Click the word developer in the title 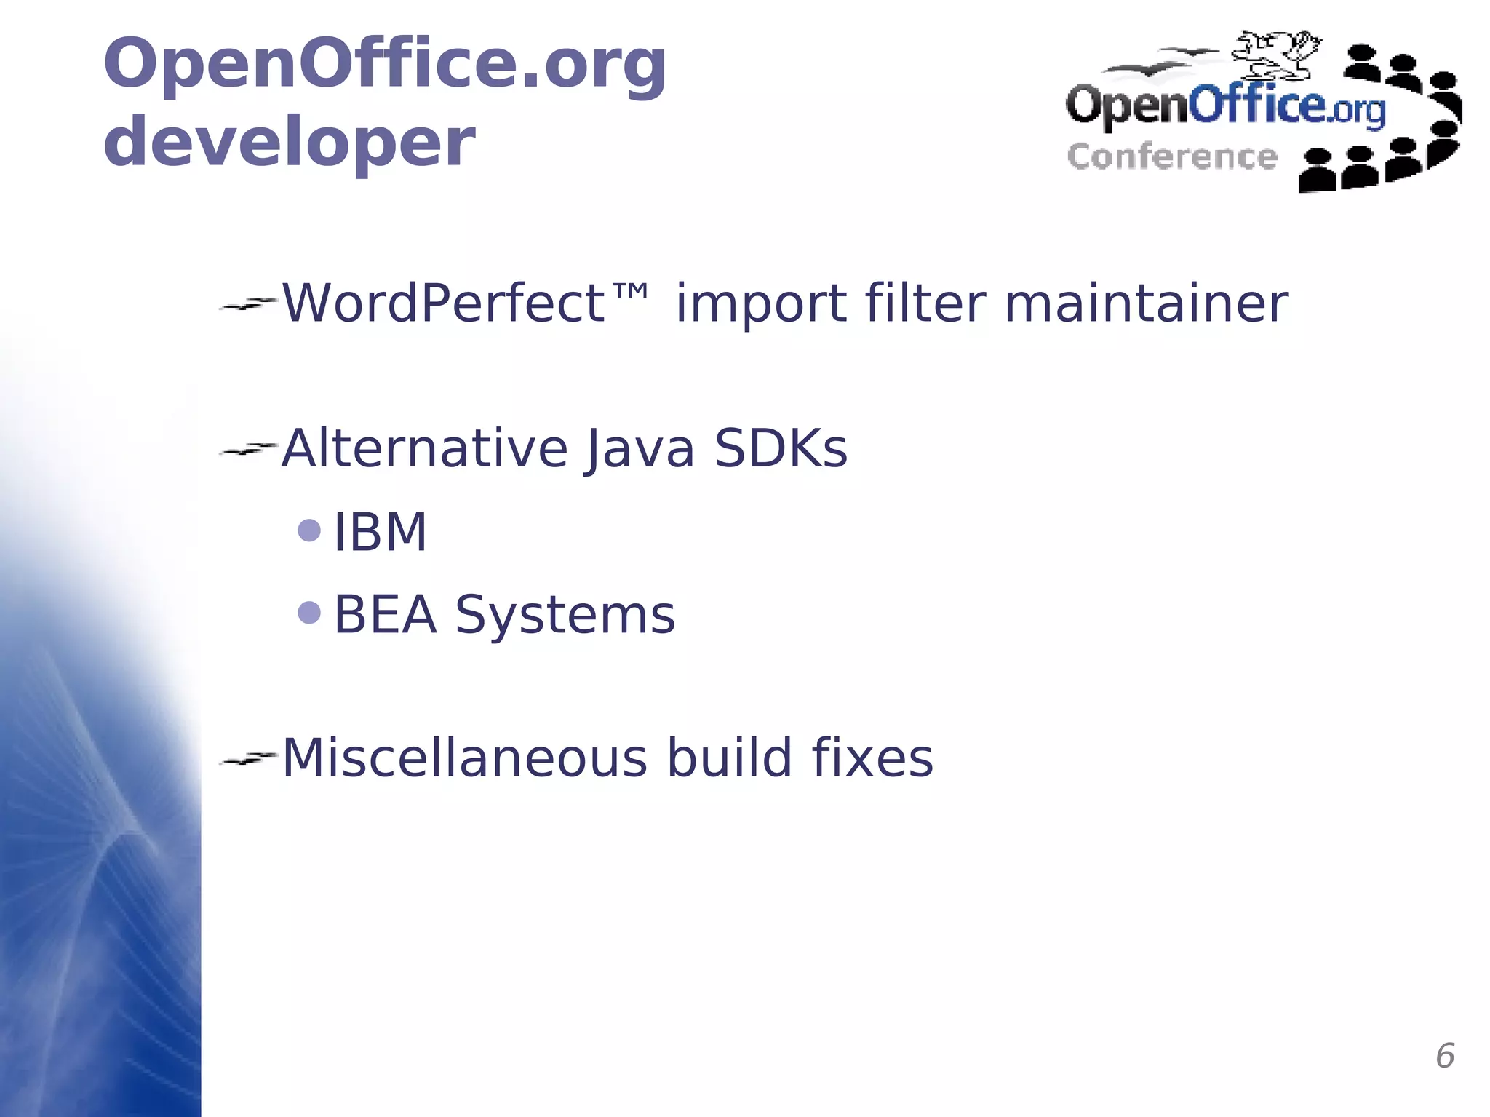(x=289, y=143)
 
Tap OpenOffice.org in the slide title (x=385, y=64)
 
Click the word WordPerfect (x=443, y=303)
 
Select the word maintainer (x=1146, y=303)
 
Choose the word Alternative (x=424, y=448)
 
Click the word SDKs (x=781, y=448)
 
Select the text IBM (x=380, y=532)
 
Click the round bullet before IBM (x=309, y=530)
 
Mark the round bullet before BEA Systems (x=309, y=613)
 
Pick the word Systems (x=565, y=616)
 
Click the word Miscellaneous (x=464, y=758)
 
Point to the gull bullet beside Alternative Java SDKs (x=247, y=450)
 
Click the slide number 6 (x=1444, y=1056)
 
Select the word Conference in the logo (x=1171, y=157)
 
